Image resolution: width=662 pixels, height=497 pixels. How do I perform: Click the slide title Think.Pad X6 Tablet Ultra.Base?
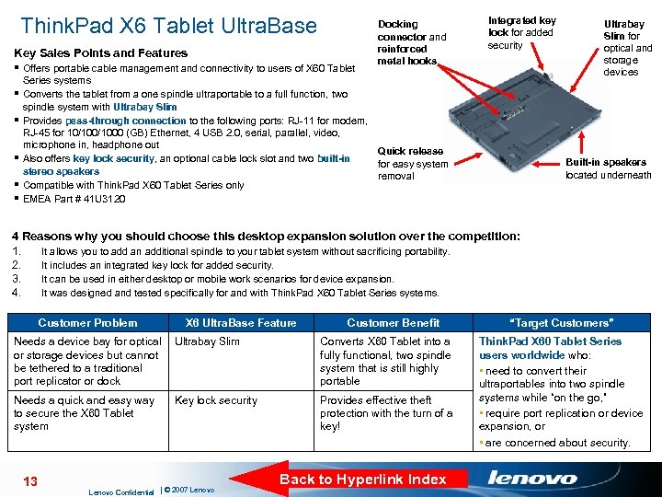click(x=168, y=25)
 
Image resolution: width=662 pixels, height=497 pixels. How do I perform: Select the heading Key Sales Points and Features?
click(x=101, y=53)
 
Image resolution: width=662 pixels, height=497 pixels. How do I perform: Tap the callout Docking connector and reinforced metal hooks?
click(x=412, y=43)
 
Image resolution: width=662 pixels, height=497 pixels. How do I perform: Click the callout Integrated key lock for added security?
click(x=521, y=32)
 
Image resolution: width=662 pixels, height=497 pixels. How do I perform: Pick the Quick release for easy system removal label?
click(x=413, y=164)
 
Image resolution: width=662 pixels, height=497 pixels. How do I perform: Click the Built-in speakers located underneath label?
click(x=608, y=168)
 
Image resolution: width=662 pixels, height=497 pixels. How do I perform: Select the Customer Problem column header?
click(x=87, y=323)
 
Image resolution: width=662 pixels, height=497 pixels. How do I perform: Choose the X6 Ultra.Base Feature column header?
click(x=241, y=323)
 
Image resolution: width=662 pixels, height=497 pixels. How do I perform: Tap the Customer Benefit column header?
click(x=393, y=323)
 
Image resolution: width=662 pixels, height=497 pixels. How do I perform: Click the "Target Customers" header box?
click(x=560, y=323)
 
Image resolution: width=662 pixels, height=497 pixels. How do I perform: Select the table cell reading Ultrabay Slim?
click(x=207, y=341)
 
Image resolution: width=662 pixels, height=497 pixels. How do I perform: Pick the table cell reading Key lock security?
click(x=216, y=400)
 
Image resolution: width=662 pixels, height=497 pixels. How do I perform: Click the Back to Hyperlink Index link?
click(x=362, y=479)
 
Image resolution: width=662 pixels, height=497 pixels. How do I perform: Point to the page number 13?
click(x=29, y=481)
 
